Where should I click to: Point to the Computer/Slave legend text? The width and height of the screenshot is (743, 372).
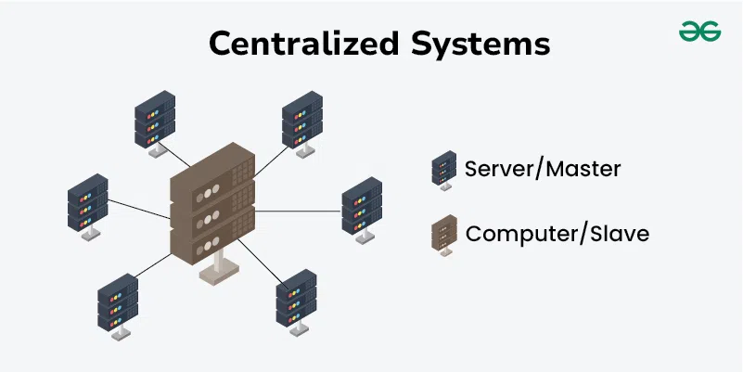coord(557,233)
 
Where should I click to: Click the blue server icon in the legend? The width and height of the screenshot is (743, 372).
coord(443,170)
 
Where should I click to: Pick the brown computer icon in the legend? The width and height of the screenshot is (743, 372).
coord(443,234)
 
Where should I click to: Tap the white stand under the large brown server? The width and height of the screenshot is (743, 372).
coord(215,268)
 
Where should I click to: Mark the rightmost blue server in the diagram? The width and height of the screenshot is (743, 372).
coord(362,206)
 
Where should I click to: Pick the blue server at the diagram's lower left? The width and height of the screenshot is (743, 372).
coord(118,302)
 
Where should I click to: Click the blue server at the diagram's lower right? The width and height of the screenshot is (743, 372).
coord(297,299)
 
